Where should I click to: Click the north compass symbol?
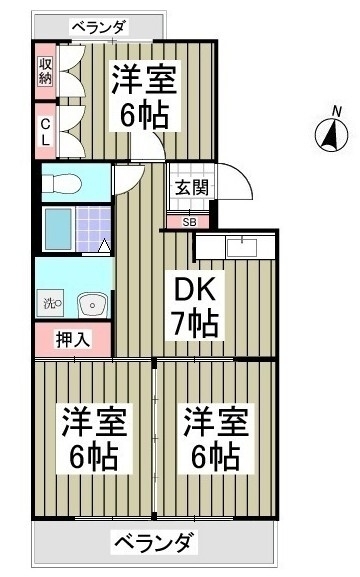click(x=332, y=135)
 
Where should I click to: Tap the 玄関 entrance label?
click(x=191, y=188)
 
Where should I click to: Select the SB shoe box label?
click(x=190, y=222)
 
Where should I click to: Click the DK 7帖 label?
click(x=194, y=305)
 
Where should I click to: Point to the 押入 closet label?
click(x=73, y=339)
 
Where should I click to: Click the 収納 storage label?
click(x=46, y=71)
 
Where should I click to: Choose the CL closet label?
click(x=45, y=132)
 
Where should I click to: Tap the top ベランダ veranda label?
click(x=100, y=27)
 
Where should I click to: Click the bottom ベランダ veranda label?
click(x=154, y=542)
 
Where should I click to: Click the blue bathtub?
click(x=59, y=229)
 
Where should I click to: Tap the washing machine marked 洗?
click(x=52, y=303)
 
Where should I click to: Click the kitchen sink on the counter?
click(x=242, y=247)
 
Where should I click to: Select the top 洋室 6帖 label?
click(x=145, y=96)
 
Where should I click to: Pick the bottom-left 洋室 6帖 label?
click(x=94, y=439)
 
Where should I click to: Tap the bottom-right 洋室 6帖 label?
click(x=216, y=439)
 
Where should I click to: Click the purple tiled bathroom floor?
click(x=93, y=229)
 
